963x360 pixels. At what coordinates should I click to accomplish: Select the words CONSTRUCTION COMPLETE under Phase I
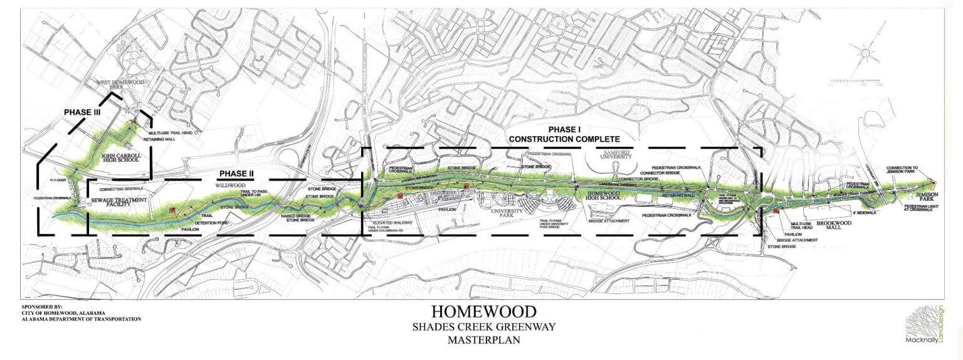tap(564, 139)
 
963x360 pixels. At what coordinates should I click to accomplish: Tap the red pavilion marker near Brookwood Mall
tap(776, 211)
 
